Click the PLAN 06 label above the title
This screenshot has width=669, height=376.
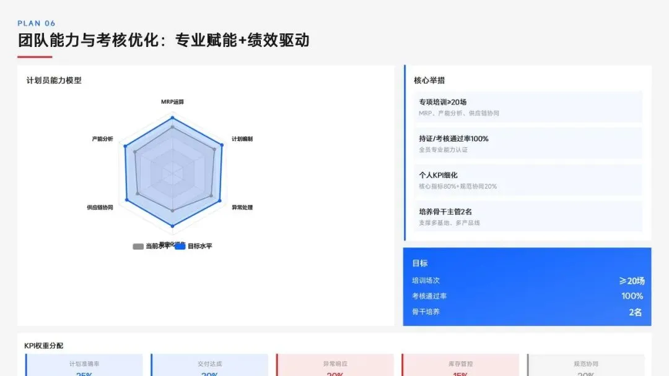pyautogui.click(x=37, y=23)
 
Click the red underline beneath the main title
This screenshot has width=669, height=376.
pyautogui.click(x=35, y=57)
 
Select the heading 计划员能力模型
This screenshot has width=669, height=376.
pyautogui.click(x=54, y=80)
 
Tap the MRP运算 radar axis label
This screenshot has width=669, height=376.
pyautogui.click(x=172, y=101)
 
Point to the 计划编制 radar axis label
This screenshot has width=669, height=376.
pyautogui.click(x=242, y=139)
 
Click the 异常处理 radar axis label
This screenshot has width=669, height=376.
pyautogui.click(x=242, y=207)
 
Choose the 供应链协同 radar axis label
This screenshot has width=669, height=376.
pyautogui.click(x=100, y=208)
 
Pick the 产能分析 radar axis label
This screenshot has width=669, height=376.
pyautogui.click(x=102, y=139)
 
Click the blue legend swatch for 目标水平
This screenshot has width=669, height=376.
pyautogui.click(x=180, y=246)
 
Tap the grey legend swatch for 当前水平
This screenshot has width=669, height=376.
pyautogui.click(x=138, y=246)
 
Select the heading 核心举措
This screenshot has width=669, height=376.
pyautogui.click(x=429, y=80)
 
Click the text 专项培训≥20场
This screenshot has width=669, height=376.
pyautogui.click(x=442, y=102)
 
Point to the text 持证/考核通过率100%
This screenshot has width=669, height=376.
pyautogui.click(x=453, y=139)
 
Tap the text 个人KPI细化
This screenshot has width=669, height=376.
pyautogui.click(x=438, y=175)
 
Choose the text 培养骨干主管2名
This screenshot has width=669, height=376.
pyautogui.click(x=445, y=211)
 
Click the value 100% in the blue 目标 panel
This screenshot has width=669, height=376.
pyautogui.click(x=632, y=296)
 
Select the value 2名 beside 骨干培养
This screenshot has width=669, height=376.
pyautogui.click(x=635, y=312)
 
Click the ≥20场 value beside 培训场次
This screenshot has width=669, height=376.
pyautogui.click(x=631, y=281)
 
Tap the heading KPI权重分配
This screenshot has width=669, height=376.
pyautogui.click(x=44, y=346)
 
